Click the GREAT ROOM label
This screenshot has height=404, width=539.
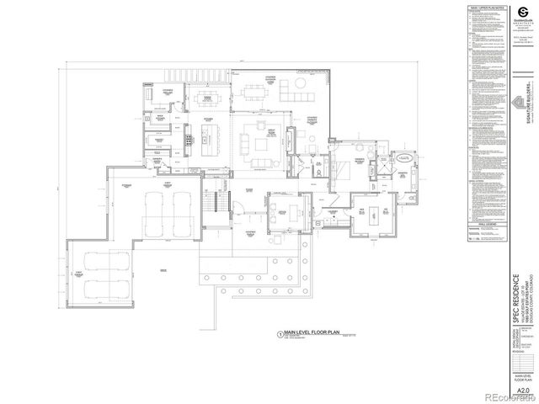249,132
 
